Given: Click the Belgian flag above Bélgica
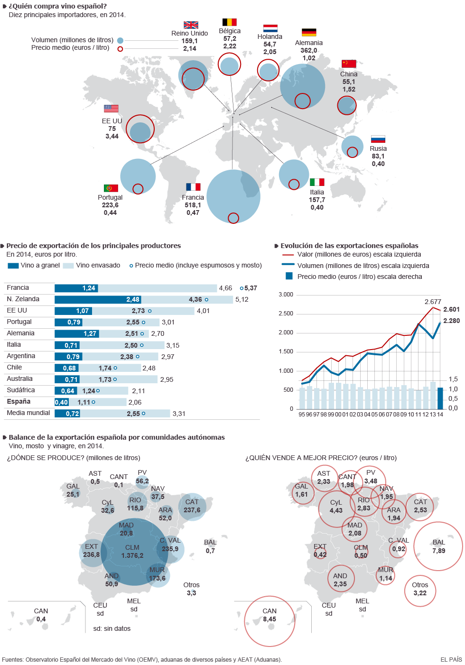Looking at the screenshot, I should click(x=229, y=22).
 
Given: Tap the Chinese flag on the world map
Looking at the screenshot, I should click(x=349, y=64).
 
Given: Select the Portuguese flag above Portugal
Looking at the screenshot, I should click(x=111, y=188).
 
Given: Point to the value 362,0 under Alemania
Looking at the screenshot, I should click(x=309, y=50).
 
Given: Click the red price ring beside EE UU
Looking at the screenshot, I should click(x=140, y=129).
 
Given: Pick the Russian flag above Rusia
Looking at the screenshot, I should click(x=378, y=139).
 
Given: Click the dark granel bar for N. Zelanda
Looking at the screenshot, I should click(x=98, y=300).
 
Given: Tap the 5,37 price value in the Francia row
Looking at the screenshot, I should click(x=251, y=288).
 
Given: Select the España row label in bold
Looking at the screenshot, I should click(x=19, y=401).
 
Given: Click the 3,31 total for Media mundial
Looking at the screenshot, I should click(x=179, y=414).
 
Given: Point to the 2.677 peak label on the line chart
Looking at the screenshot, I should click(x=433, y=302).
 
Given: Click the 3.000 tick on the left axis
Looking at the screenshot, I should click(x=286, y=295).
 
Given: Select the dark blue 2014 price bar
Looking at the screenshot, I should click(x=440, y=398).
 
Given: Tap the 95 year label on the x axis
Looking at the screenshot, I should click(x=302, y=415).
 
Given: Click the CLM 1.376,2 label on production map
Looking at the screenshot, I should click(x=132, y=552).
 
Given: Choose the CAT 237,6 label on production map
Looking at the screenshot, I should click(x=192, y=506).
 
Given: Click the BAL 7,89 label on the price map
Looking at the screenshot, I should click(x=439, y=546).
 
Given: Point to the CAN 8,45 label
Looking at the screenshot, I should click(x=270, y=615).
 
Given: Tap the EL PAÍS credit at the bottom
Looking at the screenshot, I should click(x=451, y=659).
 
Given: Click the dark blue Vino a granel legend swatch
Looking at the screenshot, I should click(x=13, y=266).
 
